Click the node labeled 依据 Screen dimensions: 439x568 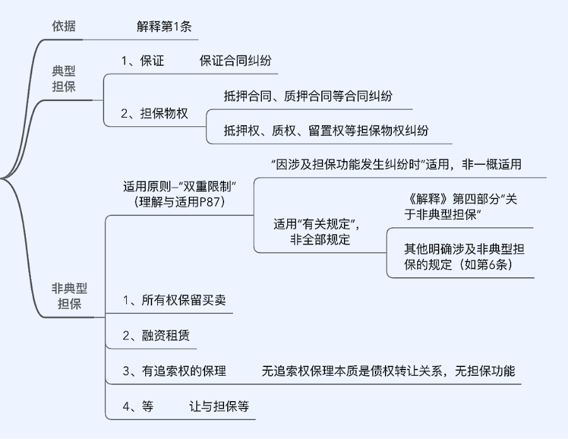(x=67, y=27)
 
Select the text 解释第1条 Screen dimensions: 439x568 (x=163, y=27)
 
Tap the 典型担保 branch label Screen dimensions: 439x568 (x=64, y=78)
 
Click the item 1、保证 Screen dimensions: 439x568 (x=143, y=61)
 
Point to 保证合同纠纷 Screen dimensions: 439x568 (x=235, y=61)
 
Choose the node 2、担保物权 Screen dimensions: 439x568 (x=155, y=114)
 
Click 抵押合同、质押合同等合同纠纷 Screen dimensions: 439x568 (x=307, y=96)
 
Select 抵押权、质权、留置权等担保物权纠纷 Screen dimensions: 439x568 (x=326, y=131)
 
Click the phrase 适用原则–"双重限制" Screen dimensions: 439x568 (x=179, y=187)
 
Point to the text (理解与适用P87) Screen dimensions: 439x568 (x=179, y=202)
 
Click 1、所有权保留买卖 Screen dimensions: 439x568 (x=174, y=301)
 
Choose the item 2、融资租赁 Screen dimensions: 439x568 (x=156, y=335)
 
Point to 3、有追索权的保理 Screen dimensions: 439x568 (x=174, y=371)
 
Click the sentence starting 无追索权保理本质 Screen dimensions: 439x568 (x=388, y=371)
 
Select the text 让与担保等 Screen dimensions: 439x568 (x=219, y=406)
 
